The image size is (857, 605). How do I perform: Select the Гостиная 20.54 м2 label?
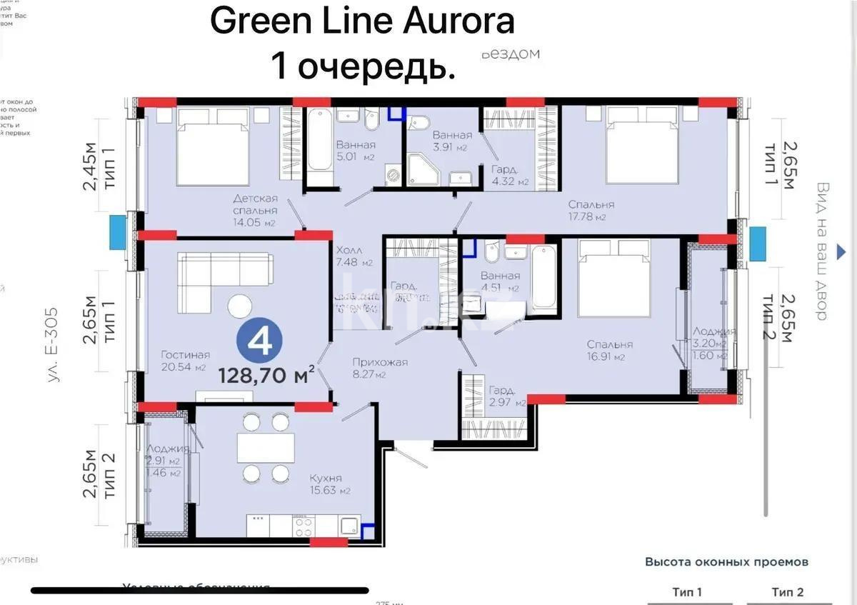pyautogui.click(x=185, y=361)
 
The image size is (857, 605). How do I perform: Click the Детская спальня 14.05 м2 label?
pyautogui.click(x=255, y=210)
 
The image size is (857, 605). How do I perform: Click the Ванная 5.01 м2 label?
pyautogui.click(x=356, y=151)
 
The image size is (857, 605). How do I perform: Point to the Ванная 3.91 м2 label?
pyautogui.click(x=451, y=141)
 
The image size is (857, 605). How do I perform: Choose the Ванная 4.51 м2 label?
pyautogui.click(x=500, y=281)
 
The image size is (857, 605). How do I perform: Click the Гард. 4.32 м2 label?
pyautogui.click(x=510, y=176)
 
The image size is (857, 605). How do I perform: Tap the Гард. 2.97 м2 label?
pyautogui.click(x=507, y=396)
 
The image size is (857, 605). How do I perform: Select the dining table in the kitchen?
pyautogui.click(x=266, y=448)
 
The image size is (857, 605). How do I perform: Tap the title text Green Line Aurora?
pyautogui.click(x=362, y=21)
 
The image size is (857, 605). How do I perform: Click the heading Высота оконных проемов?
pyautogui.click(x=726, y=562)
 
